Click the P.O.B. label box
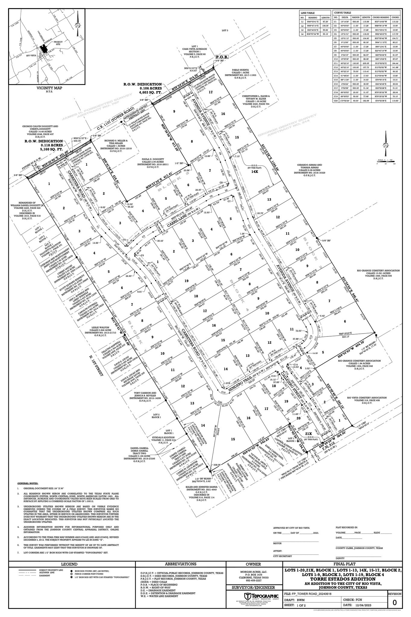pos(222,57)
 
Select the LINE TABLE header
pos(307,13)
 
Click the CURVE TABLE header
pos(342,13)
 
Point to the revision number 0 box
pos(394,602)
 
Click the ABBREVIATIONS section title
pos(181,564)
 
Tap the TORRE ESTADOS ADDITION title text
pos(343,579)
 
